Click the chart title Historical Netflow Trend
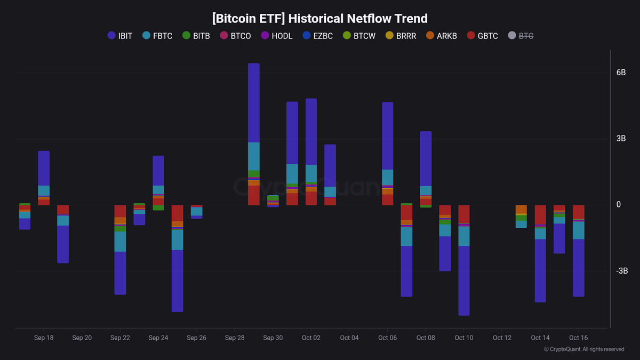319,19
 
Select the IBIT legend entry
120,36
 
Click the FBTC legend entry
157,36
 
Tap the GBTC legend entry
482,36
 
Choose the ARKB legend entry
441,36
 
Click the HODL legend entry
276,36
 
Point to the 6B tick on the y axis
621,73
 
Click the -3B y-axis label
622,271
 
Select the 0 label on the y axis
619,205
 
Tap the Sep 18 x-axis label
44,338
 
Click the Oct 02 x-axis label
311,338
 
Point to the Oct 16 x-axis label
578,338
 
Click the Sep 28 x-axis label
235,338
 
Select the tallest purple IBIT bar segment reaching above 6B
254,103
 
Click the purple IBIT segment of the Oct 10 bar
464,281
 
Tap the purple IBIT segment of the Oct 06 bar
388,136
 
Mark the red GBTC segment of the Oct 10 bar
464,214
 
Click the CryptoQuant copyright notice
584,349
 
